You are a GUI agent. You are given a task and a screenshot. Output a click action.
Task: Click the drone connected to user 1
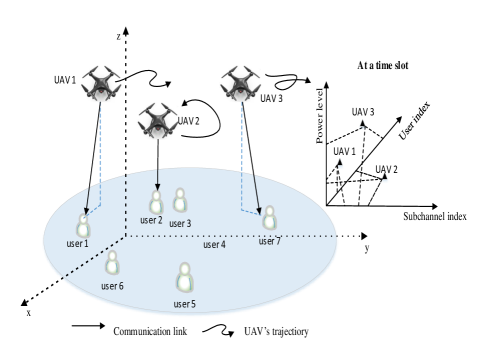pos(101,84)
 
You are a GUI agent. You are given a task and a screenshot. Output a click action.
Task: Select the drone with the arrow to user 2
pos(157,121)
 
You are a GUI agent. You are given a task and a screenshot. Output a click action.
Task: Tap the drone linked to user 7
pos(240,84)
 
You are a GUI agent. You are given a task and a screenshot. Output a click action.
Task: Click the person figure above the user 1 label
pos(83,226)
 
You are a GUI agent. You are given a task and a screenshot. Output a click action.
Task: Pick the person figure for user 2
pos(156,202)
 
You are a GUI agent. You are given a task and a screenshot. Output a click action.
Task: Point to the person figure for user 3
pos(180,201)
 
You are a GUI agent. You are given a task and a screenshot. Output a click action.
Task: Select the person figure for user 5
pos(185,278)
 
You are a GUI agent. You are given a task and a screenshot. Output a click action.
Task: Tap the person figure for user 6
pos(112,263)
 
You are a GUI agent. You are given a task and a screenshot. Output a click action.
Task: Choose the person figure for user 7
pos(269,218)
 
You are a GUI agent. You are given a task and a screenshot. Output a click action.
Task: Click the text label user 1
pos(77,244)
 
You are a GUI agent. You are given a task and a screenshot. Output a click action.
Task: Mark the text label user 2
pos(151,220)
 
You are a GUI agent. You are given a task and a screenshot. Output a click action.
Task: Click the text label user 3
pos(180,224)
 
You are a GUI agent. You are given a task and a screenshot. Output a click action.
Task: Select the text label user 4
pos(214,245)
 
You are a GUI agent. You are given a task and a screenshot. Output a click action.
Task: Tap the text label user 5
pos(184,304)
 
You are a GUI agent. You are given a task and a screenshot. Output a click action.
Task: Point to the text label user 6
pos(112,286)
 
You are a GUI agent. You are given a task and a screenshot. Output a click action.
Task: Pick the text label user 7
pos(269,241)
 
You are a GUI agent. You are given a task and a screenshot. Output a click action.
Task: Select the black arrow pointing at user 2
pos(157,179)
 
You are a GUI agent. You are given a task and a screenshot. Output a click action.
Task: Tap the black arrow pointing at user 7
pos(256,192)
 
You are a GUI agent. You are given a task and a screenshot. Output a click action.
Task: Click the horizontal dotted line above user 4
pos(230,236)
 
